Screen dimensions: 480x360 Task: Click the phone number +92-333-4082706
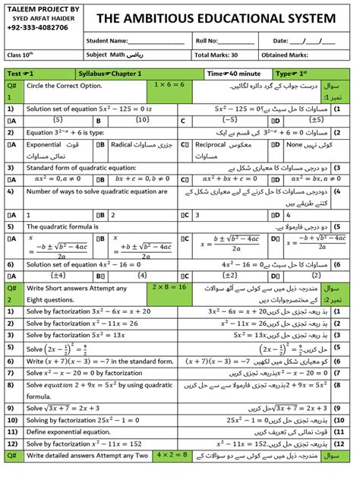click(37, 27)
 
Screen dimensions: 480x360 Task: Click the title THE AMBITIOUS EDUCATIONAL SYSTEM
click(215, 17)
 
